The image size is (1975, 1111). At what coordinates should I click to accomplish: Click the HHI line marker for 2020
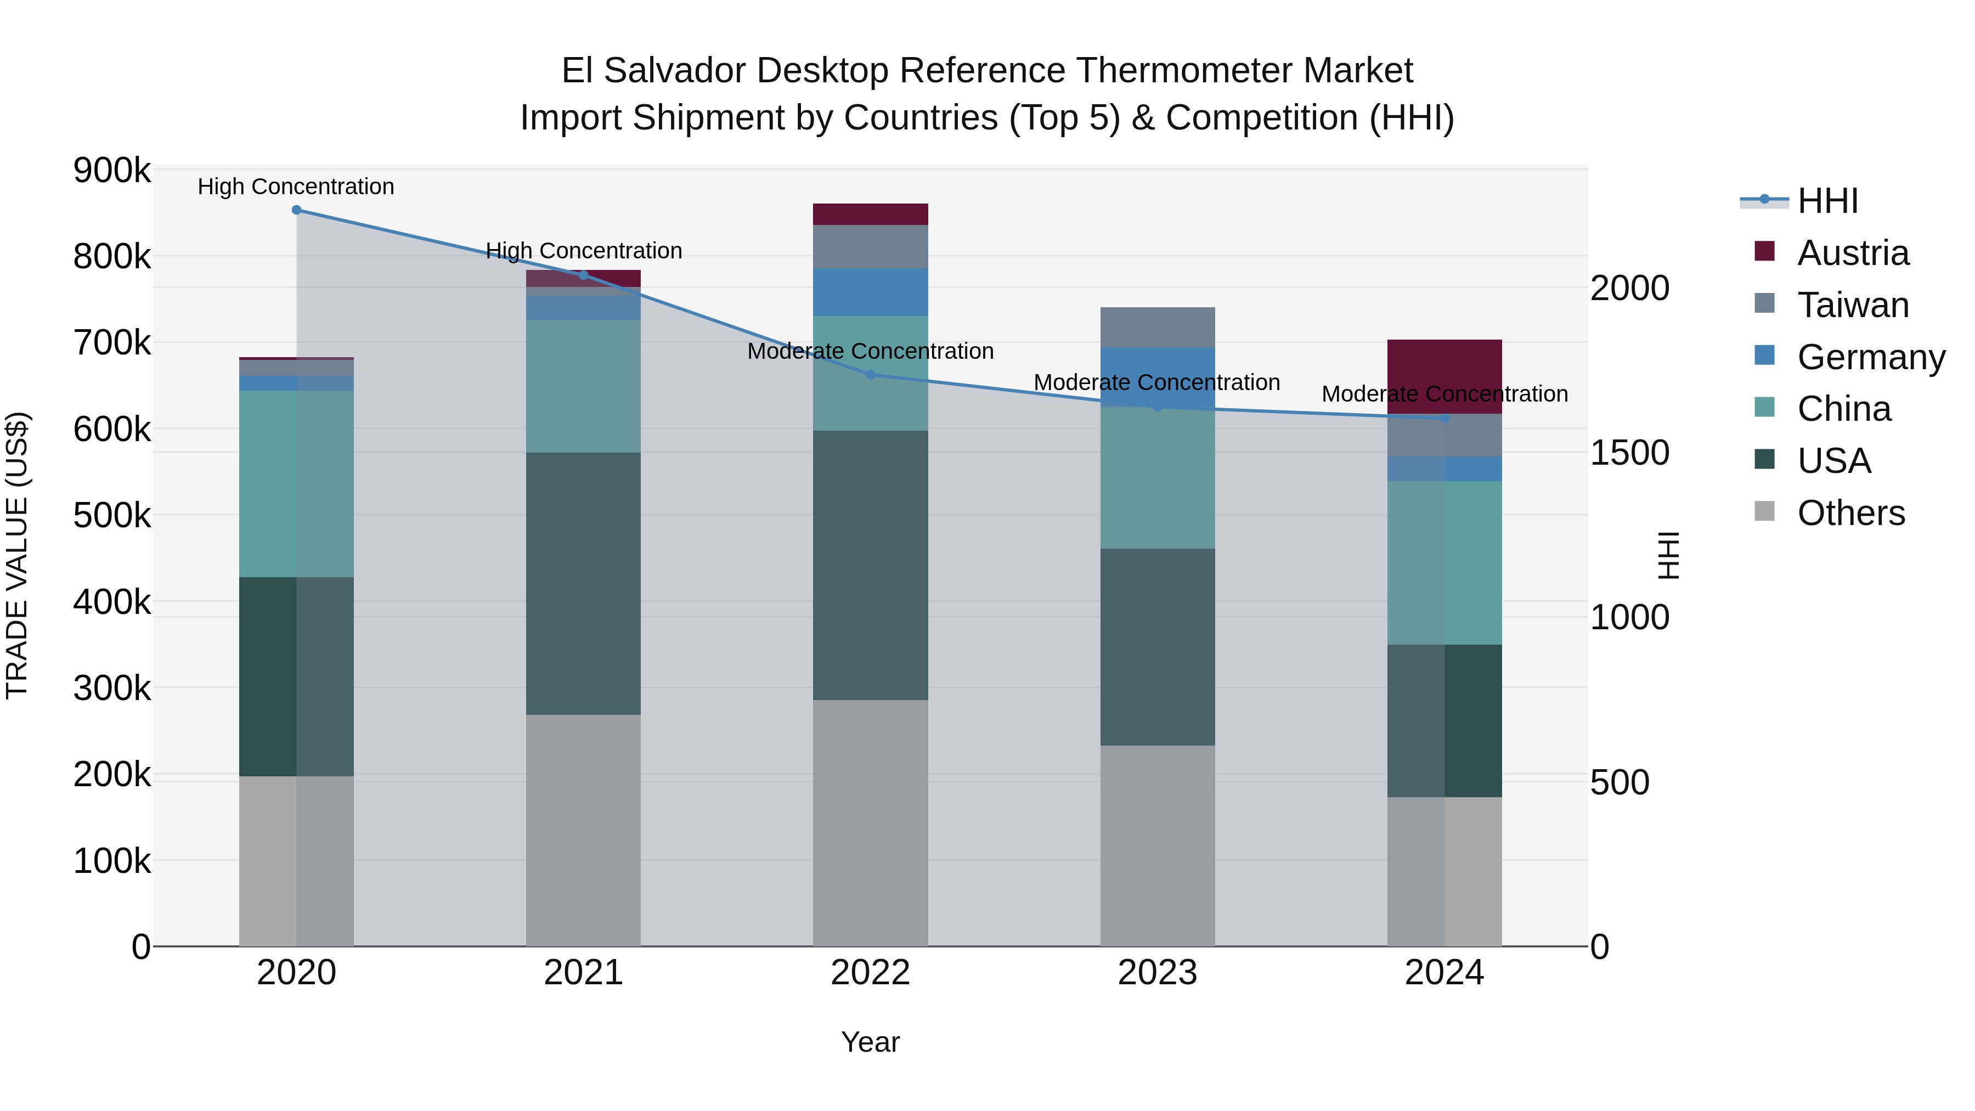[x=297, y=210]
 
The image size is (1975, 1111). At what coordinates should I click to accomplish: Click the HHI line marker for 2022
[x=870, y=375]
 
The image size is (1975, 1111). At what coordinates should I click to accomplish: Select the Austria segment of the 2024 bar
[x=1444, y=376]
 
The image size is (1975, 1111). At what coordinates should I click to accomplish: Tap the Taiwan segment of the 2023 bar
[x=1158, y=328]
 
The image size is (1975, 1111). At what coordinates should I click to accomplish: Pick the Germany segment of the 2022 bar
[x=870, y=292]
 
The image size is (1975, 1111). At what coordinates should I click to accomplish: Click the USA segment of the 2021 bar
[x=584, y=584]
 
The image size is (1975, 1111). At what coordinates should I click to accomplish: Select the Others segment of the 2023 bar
[x=1158, y=845]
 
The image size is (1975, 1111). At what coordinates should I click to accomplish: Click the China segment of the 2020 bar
[x=297, y=484]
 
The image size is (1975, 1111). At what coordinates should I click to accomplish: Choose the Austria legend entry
[x=1852, y=253]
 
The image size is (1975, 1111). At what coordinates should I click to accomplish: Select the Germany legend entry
[x=1871, y=357]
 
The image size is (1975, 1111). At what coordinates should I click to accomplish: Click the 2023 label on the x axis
[x=1158, y=973]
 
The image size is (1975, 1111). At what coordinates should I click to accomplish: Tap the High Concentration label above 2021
[x=584, y=251]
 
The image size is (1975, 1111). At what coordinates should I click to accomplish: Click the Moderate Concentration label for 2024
[x=1444, y=394]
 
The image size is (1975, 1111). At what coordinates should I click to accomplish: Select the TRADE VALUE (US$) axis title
[x=17, y=556]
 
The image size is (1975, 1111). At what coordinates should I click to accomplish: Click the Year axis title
[x=870, y=1042]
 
